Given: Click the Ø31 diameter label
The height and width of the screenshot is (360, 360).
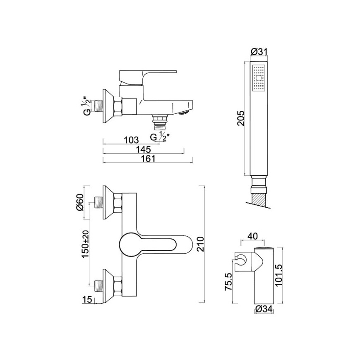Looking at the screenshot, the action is (x=259, y=52).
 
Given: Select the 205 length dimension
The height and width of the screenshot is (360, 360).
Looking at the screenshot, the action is (x=241, y=118).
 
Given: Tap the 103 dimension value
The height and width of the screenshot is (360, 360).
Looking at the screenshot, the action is (x=131, y=140).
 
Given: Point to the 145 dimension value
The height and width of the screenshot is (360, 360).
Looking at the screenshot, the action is (x=143, y=149).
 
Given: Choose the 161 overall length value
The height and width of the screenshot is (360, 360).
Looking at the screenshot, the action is (x=148, y=158).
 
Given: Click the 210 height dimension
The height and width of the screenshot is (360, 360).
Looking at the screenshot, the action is (x=200, y=244).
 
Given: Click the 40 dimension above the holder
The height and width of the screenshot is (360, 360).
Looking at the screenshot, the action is (x=252, y=236).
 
